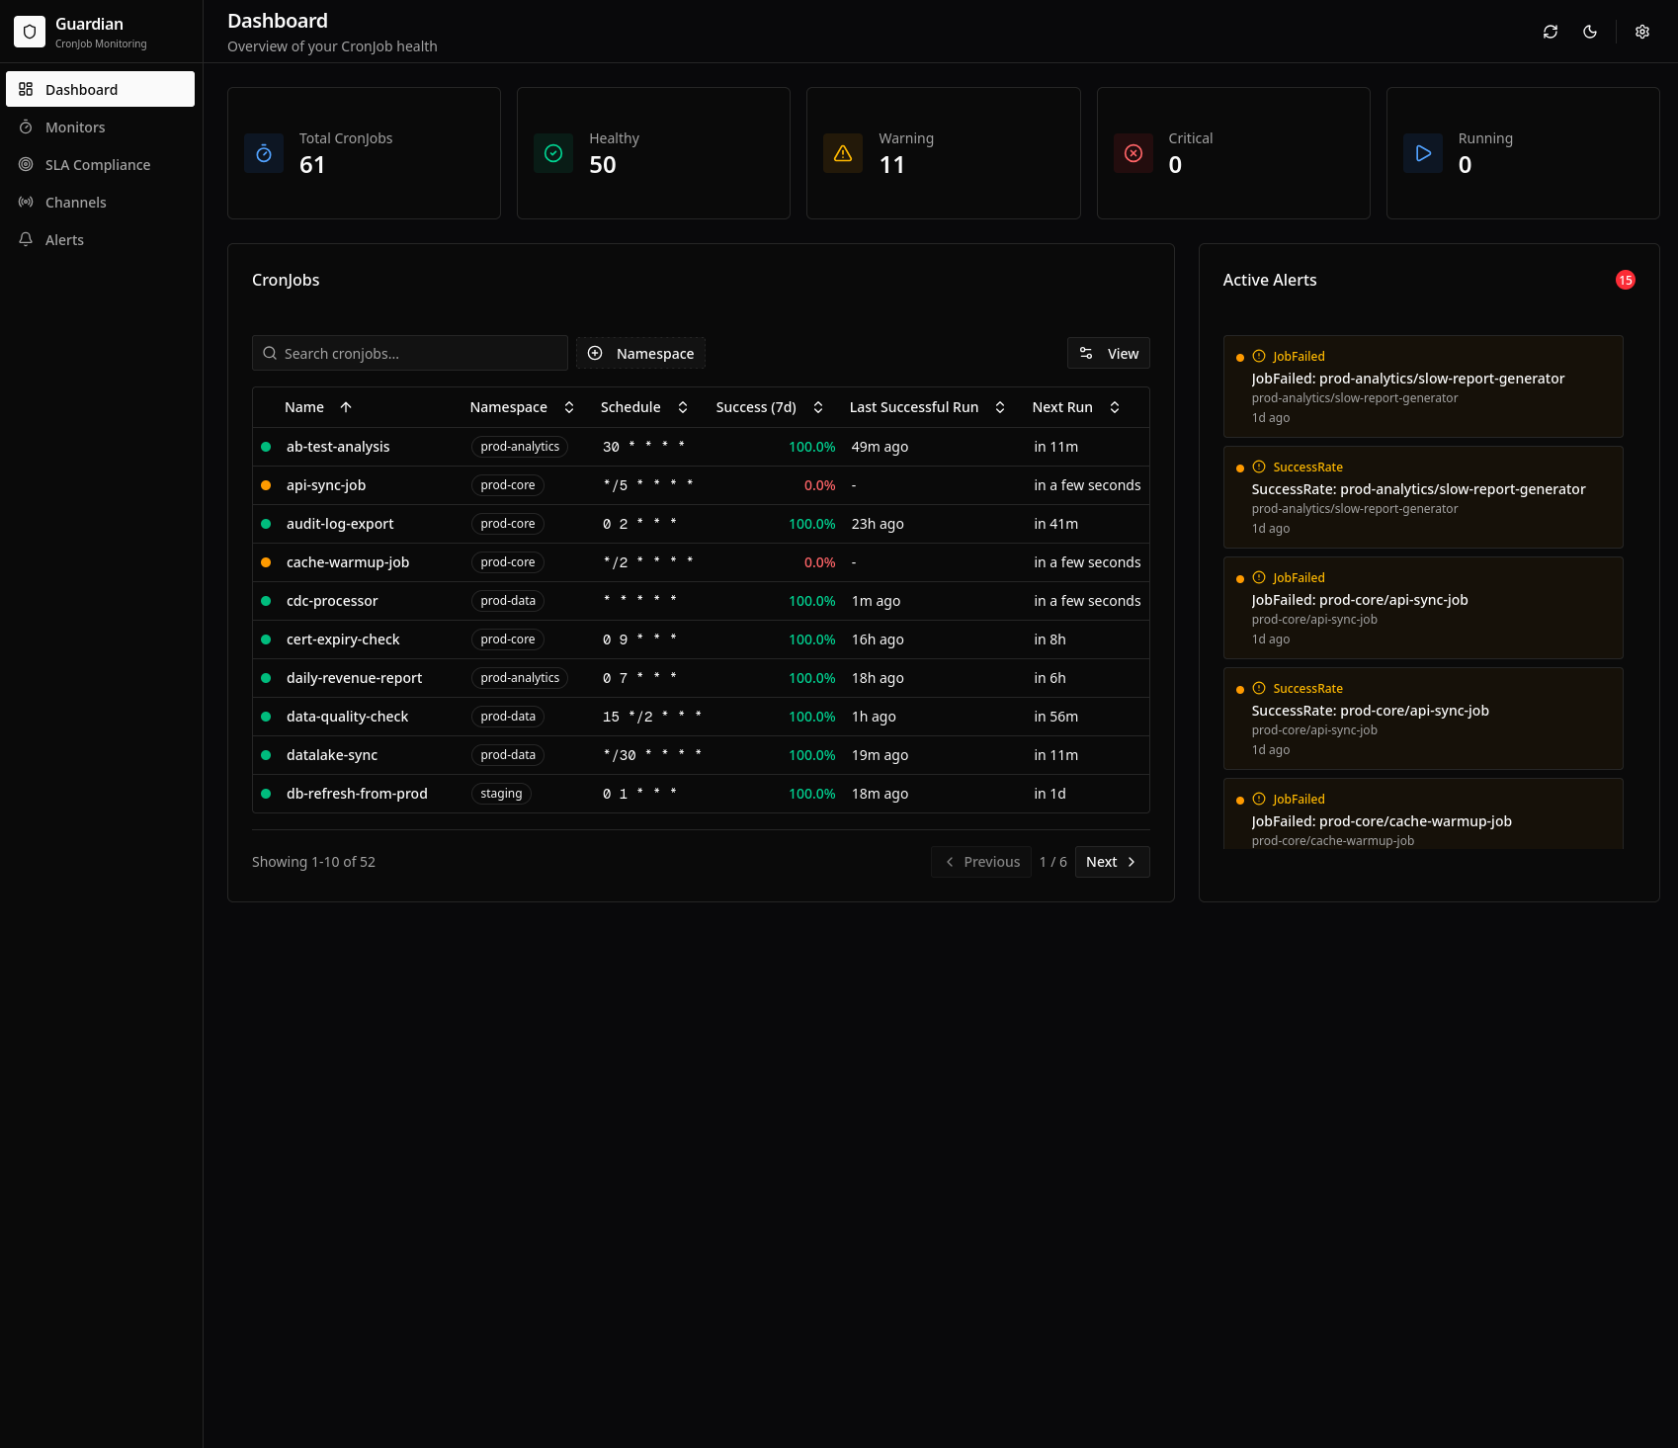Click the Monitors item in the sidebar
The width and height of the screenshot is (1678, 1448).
(x=75, y=128)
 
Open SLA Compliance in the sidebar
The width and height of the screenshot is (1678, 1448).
(x=97, y=165)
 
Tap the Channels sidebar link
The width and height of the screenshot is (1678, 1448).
(x=75, y=203)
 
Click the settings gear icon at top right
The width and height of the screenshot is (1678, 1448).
(x=1641, y=32)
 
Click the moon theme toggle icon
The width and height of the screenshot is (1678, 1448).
(x=1589, y=32)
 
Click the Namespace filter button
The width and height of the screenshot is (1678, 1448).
(x=640, y=354)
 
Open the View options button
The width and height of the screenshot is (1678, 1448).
(x=1108, y=354)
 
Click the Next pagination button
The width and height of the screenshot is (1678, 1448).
(x=1111, y=862)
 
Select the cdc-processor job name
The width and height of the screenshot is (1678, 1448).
(x=332, y=601)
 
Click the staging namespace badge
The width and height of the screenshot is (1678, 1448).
(x=501, y=794)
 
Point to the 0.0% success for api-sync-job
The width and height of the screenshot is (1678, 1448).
(x=819, y=485)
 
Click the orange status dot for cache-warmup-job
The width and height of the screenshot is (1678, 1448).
(x=266, y=562)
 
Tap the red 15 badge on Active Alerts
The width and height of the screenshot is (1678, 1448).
(x=1625, y=281)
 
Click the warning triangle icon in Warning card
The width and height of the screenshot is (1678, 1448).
(x=843, y=153)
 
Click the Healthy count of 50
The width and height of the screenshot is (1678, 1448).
(x=602, y=165)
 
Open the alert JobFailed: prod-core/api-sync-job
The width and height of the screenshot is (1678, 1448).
(x=1359, y=600)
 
